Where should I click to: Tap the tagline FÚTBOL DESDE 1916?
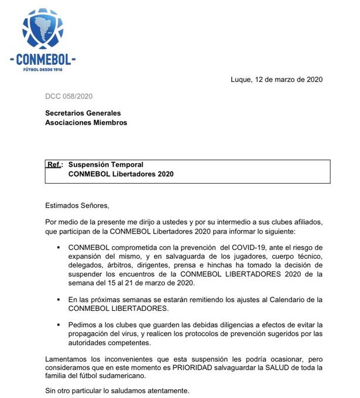[x=43, y=69]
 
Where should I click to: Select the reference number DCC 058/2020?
[x=69, y=96]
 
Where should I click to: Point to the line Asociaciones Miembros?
[x=86, y=123]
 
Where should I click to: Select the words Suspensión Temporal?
[x=106, y=164]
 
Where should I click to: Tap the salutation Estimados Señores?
[x=77, y=205]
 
